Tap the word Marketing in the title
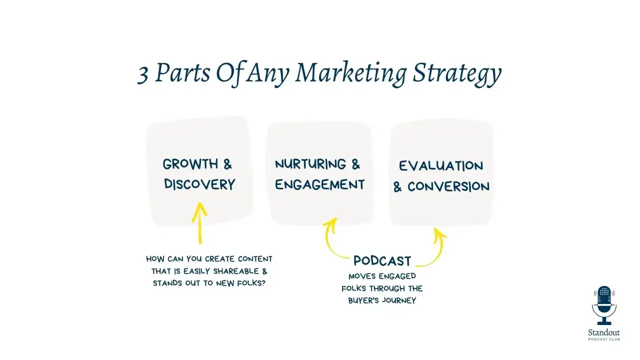coord(350,74)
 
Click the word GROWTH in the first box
coord(190,164)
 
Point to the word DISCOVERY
coord(199,184)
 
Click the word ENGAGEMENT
coord(319,184)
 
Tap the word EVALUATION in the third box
coord(441,166)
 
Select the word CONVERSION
coord(448,186)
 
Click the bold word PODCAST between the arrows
coord(382,261)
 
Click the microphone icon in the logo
coord(604,305)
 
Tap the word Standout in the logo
coord(604,332)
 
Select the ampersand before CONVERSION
coord(397,187)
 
